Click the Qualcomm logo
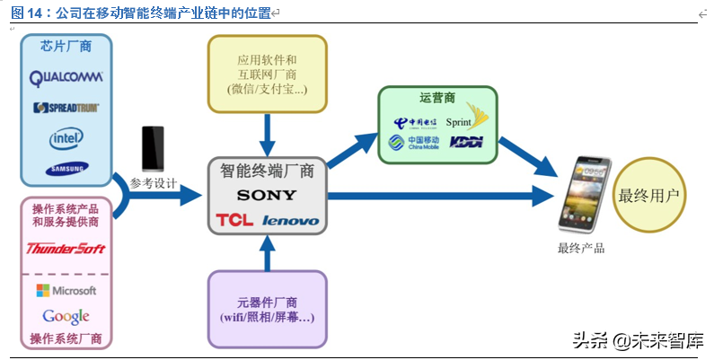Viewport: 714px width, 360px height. [x=66, y=78]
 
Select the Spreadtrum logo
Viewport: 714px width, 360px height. [x=66, y=108]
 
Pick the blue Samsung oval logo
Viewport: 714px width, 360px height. [x=67, y=168]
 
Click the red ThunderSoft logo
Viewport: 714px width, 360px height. [x=66, y=249]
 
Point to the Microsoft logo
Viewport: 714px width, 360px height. [x=66, y=291]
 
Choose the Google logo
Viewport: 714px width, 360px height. [x=66, y=316]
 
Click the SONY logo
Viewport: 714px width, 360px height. [x=266, y=195]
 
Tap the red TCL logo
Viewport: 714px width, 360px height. [x=234, y=220]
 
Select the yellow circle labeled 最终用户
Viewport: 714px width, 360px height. [x=649, y=195]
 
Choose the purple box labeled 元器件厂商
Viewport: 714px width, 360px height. [x=267, y=310]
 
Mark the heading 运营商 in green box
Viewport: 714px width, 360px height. [x=437, y=96]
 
